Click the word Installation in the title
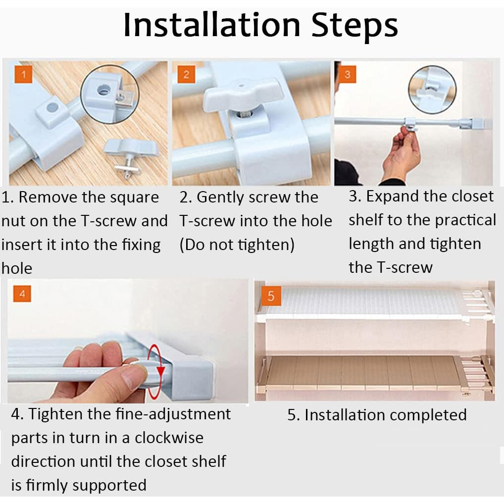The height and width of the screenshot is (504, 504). [212, 25]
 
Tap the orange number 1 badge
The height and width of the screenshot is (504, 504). [23, 75]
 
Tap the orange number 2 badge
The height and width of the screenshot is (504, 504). [187, 75]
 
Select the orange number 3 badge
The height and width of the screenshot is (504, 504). [348, 74]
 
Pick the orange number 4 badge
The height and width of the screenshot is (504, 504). [22, 294]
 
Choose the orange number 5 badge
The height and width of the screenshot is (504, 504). [271, 296]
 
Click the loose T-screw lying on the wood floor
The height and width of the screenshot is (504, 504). [130, 156]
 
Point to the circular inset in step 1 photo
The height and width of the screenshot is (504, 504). [110, 94]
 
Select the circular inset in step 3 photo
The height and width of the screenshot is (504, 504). [432, 90]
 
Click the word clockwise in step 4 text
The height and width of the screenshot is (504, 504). [169, 438]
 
